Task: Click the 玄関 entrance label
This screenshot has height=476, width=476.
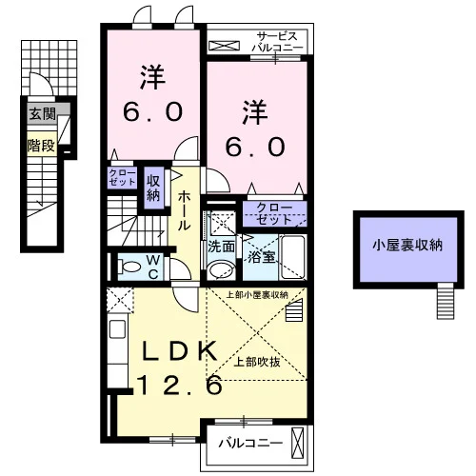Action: [42, 113]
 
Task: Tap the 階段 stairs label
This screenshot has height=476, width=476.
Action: [41, 146]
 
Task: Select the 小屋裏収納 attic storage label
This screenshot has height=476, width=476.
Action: [407, 246]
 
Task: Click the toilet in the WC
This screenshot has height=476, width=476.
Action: [129, 267]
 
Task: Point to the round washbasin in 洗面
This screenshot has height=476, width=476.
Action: [221, 270]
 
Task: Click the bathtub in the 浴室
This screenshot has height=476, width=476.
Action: [293, 257]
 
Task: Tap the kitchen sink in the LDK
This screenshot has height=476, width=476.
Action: [117, 329]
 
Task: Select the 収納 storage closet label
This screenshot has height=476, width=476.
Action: [153, 188]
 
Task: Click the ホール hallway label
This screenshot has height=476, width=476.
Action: [184, 210]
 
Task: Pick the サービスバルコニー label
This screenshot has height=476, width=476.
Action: [277, 42]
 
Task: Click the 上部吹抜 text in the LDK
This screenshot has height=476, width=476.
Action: [257, 362]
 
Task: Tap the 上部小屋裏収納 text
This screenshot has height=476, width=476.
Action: [257, 295]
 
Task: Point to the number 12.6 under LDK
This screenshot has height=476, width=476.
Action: [180, 385]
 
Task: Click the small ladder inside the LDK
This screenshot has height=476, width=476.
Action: [293, 311]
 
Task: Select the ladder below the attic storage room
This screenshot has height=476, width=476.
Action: [446, 301]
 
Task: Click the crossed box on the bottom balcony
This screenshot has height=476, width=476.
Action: [297, 443]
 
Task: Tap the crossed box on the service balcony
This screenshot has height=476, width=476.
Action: [224, 46]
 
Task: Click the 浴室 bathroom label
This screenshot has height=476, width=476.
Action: [261, 257]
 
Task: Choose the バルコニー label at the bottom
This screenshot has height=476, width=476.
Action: [250, 443]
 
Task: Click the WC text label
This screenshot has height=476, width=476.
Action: [153, 268]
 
